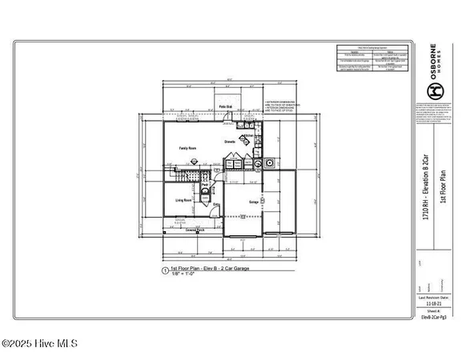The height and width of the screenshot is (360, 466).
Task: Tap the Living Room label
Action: tap(183, 200)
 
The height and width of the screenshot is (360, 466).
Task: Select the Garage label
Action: tap(253, 202)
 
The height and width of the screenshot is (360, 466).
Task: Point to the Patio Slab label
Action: tap(226, 106)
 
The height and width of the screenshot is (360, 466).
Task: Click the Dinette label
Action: tap(229, 140)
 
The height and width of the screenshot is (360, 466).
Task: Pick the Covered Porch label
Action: tap(196, 230)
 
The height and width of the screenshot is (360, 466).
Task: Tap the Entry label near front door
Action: tap(216, 206)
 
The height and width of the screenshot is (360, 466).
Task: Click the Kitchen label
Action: tap(249, 137)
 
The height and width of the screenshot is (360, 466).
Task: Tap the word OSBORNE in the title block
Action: tap(432, 58)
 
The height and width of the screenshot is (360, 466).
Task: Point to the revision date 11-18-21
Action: tap(433, 305)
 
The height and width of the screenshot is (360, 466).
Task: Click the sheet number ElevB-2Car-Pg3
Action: tap(433, 318)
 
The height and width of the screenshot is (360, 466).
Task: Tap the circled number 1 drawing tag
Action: tap(164, 271)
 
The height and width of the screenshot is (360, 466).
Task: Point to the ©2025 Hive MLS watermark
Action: tap(39, 344)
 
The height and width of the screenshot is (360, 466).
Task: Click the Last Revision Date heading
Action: tap(433, 298)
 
